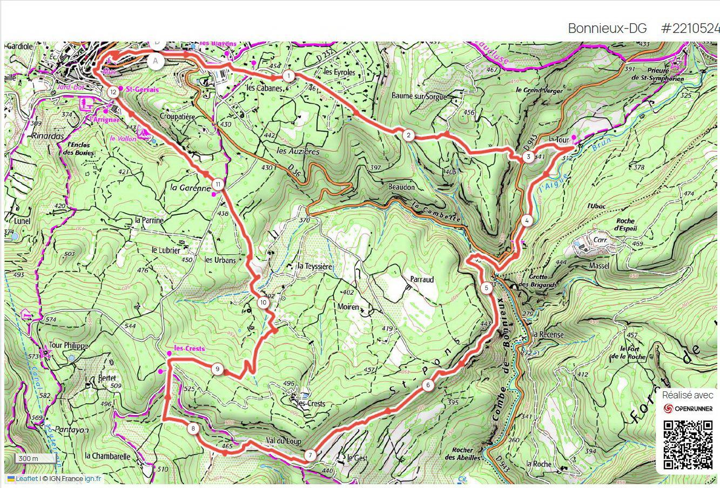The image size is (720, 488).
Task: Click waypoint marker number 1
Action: click(289, 76)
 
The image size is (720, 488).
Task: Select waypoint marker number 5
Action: click(487, 288)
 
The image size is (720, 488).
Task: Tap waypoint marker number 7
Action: click(309, 455)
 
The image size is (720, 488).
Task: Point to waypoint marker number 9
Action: click(217, 369)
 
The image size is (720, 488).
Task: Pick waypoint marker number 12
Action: click(112, 92)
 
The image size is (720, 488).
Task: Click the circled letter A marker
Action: click(156, 61)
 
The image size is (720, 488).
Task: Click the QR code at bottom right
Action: click(688, 445)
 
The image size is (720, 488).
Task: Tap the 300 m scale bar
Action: click(36, 459)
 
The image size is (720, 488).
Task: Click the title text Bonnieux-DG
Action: click(607, 29)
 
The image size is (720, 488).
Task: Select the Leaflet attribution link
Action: click(26, 478)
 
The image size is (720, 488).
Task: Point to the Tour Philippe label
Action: click(68, 345)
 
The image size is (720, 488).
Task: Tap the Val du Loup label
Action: click(282, 441)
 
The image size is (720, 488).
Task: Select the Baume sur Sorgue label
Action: click(419, 97)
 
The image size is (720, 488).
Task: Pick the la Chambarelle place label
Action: click(107, 456)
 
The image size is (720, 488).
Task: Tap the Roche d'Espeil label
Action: click(625, 225)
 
